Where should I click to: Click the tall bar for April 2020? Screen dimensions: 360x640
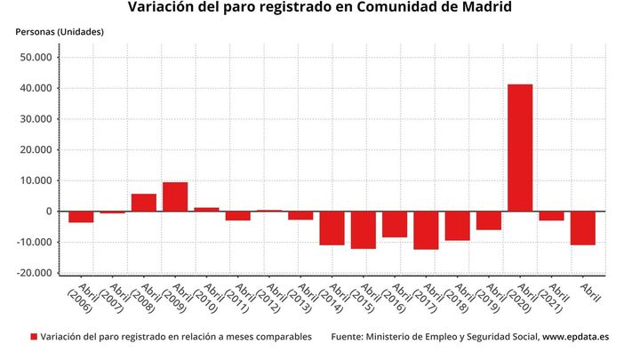[x=520, y=148]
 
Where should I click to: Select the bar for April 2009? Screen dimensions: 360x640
[x=175, y=196]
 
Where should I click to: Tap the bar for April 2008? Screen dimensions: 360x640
[x=144, y=203]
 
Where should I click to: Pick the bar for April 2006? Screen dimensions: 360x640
[x=81, y=217]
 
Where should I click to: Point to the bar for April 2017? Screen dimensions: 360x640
[x=426, y=230]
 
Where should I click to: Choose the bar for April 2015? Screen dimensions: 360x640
[x=363, y=229]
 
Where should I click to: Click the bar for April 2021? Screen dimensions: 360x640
[x=551, y=216]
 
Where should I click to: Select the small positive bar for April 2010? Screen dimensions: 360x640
[x=206, y=210]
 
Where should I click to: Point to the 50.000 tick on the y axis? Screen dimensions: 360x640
[x=36, y=58]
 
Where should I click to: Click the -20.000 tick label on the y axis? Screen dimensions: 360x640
[x=35, y=273]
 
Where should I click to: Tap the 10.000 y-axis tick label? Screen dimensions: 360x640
[x=36, y=180]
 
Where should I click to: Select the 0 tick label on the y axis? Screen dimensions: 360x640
[x=49, y=212]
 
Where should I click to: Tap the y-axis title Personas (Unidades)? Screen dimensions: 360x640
[x=60, y=32]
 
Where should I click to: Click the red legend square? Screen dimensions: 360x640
[x=34, y=338]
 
